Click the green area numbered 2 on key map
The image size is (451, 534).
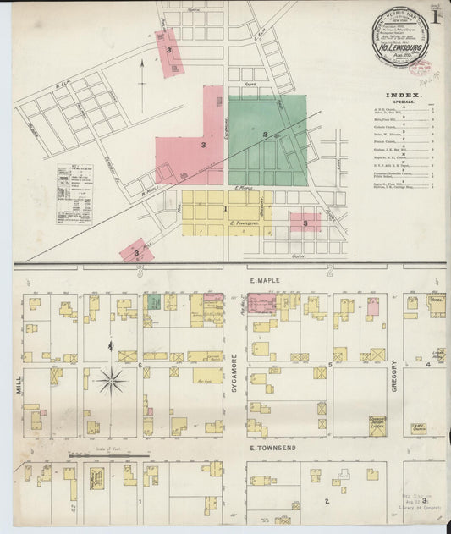point(266,134)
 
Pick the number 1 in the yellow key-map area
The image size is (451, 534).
point(225,208)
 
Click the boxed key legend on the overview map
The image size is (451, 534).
point(74,194)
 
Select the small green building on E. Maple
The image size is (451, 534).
point(154,300)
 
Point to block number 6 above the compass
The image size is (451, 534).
point(139,365)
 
